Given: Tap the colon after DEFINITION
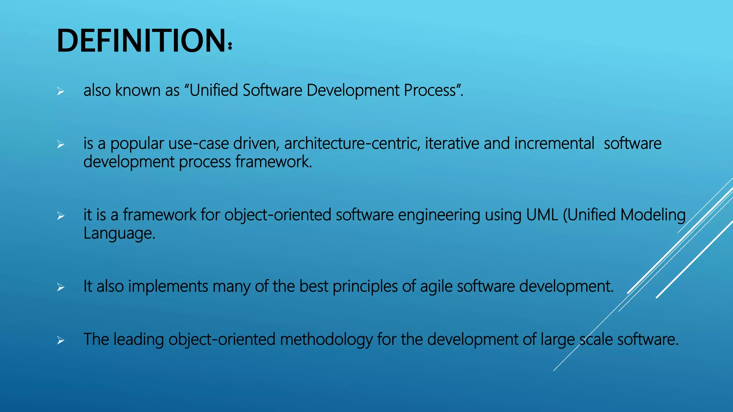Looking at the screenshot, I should [230, 46].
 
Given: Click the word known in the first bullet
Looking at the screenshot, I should [138, 90].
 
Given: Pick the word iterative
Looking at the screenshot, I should [452, 144].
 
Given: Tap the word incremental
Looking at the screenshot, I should [554, 144].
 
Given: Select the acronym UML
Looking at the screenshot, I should [542, 215].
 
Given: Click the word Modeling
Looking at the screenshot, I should [653, 215].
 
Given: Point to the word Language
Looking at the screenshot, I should [119, 234].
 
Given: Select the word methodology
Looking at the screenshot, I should [326, 339].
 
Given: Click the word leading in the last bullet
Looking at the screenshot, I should [139, 339].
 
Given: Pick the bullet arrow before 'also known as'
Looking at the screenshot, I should [61, 92].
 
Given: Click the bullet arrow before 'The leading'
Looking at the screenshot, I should [61, 341].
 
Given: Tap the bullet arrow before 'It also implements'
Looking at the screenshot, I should [61, 288].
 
